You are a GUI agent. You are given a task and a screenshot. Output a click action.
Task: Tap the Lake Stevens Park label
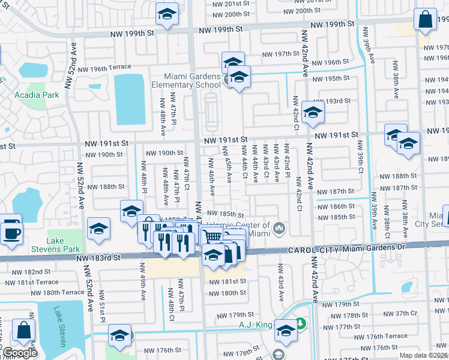63,244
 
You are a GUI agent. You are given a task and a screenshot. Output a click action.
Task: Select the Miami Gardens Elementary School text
193,80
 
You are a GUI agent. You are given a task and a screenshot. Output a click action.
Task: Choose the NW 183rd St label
98,257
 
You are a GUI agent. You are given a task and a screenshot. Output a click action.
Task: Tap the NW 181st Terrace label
35,282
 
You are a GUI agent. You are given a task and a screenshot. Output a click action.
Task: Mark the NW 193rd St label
339,101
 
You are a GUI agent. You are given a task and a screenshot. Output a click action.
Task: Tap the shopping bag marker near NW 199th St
425,20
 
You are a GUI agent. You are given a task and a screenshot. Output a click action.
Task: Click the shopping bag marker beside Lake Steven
25,329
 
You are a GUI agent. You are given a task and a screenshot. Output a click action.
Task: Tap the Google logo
20,353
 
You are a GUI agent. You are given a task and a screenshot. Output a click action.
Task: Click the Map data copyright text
424,355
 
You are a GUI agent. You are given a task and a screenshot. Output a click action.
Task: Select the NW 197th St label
280,53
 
